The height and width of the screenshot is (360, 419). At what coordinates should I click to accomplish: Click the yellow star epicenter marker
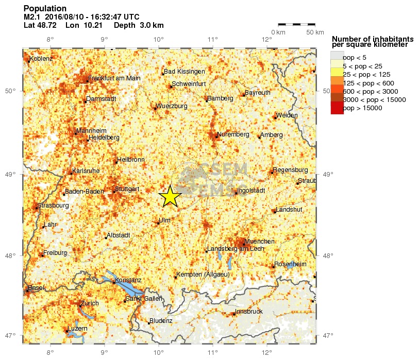coord(170,196)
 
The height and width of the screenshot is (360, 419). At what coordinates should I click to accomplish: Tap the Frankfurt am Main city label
coord(114,78)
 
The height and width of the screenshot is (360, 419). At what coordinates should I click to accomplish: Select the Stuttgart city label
coord(127,189)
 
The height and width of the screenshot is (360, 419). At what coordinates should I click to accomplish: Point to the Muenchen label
coord(260,242)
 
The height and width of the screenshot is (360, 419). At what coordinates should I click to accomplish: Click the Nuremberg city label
coord(233,134)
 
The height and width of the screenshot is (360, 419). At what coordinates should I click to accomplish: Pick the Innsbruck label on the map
coord(249,312)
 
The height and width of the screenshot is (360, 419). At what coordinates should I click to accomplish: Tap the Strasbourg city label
coord(53,205)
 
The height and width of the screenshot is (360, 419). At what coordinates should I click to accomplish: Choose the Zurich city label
coord(90,303)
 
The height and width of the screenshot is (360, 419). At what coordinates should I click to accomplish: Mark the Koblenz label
coord(41,59)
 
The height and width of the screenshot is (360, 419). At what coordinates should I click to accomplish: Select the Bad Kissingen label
coord(185,72)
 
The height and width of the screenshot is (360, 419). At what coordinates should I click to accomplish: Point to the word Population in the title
coord(45,9)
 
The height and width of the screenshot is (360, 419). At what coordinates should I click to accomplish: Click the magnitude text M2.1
coord(32,17)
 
